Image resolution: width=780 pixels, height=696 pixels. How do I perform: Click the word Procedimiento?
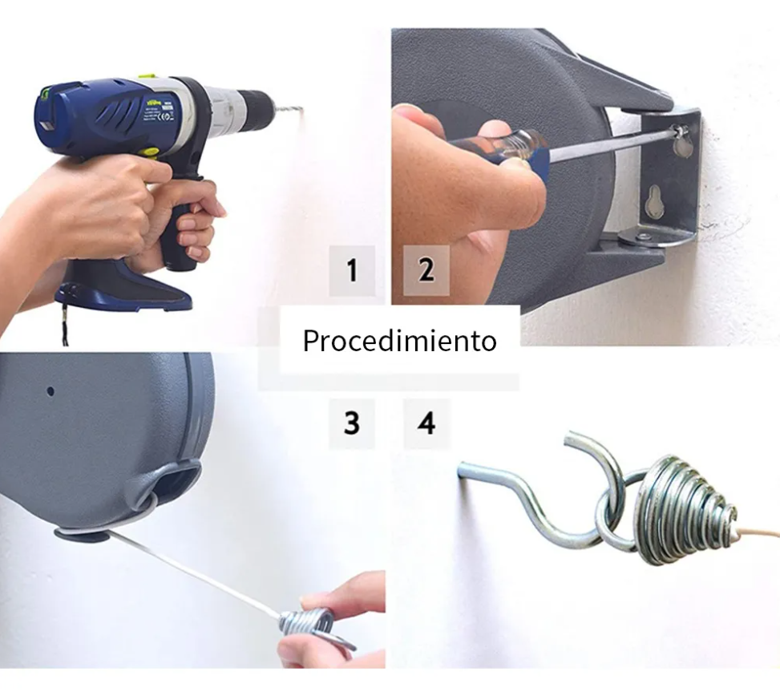point(399,341)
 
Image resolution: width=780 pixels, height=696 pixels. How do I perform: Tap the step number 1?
point(352,271)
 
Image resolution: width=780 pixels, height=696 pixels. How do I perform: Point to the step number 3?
point(352,423)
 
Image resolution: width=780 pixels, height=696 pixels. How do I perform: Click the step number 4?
point(426,423)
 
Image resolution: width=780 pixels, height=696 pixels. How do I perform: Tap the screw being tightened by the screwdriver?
point(679,131)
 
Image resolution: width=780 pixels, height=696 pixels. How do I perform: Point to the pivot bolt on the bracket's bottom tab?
point(643,237)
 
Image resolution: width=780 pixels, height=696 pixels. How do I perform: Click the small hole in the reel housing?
point(50,392)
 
